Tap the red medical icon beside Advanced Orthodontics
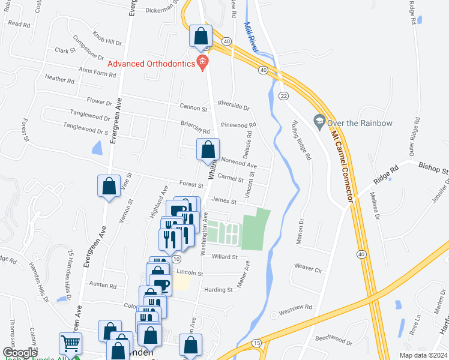(x=203, y=61)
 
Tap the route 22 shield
(x=284, y=96)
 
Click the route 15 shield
(x=257, y=343)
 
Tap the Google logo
(x=20, y=352)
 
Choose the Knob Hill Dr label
(x=107, y=38)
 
